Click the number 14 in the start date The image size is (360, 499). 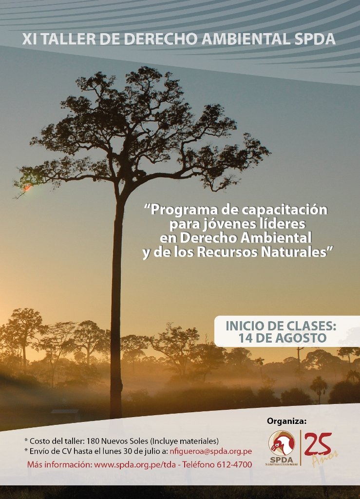246,338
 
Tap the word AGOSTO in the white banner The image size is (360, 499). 301,338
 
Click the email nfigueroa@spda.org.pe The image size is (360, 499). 210,451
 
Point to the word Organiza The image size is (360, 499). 286,422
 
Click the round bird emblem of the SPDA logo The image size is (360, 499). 281,443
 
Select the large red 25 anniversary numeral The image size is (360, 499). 318,444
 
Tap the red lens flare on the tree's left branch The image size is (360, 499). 27,188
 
